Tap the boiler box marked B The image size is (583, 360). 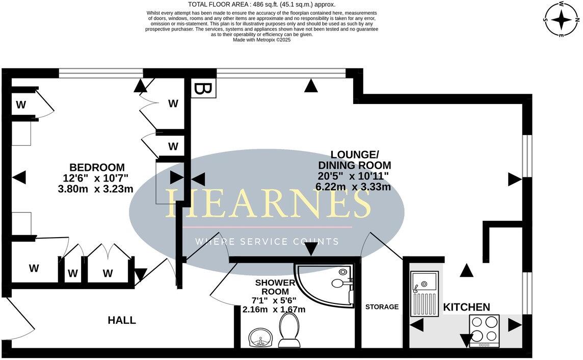203,88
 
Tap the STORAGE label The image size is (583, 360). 382,307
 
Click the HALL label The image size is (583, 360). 122,320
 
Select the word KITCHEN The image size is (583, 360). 466,307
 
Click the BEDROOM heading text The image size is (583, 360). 97,167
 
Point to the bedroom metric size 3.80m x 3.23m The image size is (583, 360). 96,189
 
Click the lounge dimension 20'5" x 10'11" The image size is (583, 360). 354,175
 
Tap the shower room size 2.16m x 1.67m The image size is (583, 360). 274,310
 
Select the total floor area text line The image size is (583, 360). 262,5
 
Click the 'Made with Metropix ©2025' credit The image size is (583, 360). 261,39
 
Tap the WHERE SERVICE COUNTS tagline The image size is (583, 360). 267,241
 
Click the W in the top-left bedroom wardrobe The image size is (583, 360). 21,106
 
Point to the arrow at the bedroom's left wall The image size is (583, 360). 19,177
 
